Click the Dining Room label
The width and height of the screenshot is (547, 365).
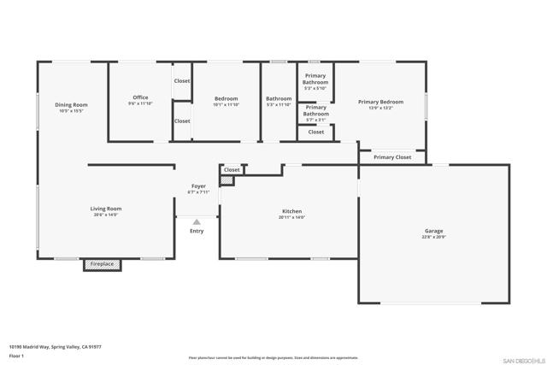(72, 105)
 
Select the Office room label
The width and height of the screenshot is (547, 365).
(140, 97)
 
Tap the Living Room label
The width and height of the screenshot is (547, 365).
(106, 209)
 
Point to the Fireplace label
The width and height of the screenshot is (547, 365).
(102, 264)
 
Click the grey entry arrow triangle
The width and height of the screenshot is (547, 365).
(197, 222)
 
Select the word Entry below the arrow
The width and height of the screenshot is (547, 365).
(197, 231)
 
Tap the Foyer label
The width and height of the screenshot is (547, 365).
(198, 185)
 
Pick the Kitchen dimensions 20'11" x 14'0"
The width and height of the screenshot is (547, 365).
(291, 217)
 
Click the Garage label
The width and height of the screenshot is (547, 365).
(434, 231)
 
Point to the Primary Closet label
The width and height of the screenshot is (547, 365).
(392, 157)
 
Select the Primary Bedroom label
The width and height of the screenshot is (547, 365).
(380, 102)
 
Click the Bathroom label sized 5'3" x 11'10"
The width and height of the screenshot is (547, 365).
(279, 98)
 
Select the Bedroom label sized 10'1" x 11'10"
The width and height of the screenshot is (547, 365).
(226, 98)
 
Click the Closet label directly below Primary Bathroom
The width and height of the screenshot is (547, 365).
(316, 132)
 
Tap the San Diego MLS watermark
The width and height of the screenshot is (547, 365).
(521, 360)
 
